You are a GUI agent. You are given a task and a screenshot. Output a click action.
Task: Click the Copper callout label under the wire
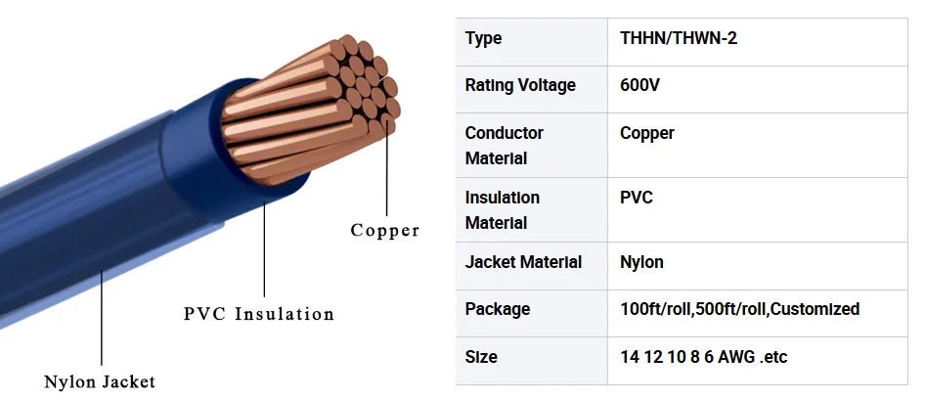(x=384, y=230)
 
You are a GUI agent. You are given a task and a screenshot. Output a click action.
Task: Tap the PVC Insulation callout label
(x=259, y=314)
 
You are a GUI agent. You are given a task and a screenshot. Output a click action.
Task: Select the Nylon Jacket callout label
(x=100, y=382)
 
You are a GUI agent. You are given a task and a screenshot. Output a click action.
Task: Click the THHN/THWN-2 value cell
(x=679, y=38)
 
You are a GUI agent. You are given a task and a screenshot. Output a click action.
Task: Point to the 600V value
(x=639, y=85)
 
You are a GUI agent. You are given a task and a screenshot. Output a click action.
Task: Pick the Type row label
(x=483, y=39)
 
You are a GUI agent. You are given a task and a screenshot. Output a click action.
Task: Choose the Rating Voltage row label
(x=520, y=85)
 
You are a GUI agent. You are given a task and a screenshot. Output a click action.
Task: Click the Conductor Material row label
(x=504, y=145)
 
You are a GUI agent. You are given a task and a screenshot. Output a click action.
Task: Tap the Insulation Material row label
(x=502, y=210)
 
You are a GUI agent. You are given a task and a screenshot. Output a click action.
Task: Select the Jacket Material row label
(x=523, y=262)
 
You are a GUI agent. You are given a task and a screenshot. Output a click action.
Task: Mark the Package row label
(x=498, y=310)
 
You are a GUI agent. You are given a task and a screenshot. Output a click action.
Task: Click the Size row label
(x=481, y=357)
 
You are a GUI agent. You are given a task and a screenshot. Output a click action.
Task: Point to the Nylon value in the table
(x=641, y=262)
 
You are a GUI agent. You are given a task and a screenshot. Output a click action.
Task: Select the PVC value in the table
(x=636, y=197)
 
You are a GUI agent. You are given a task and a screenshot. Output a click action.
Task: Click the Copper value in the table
(x=646, y=134)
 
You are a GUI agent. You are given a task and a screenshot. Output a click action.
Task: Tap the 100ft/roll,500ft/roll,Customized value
(x=739, y=309)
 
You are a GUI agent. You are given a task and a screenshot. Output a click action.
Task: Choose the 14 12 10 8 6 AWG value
(x=703, y=357)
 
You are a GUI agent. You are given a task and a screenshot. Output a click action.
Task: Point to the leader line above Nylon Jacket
(x=102, y=317)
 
